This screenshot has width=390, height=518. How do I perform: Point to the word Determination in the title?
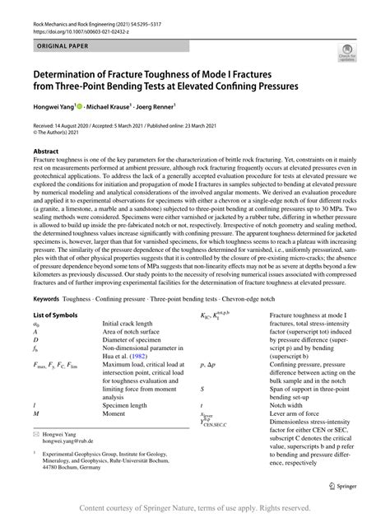72,72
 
